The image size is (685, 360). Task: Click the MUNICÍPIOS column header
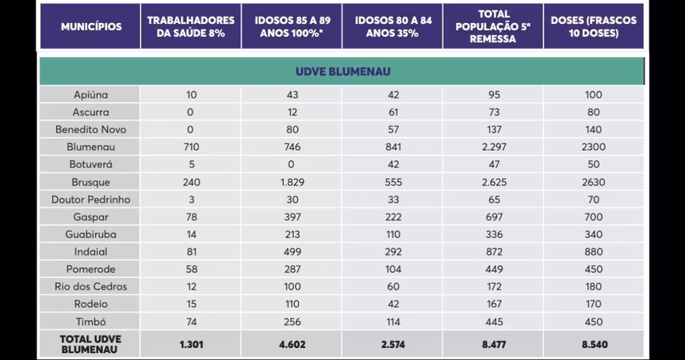(x=91, y=27)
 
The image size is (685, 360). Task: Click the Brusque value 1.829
(x=291, y=182)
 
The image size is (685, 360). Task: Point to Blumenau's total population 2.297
(x=492, y=147)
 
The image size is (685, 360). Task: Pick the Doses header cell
(x=594, y=27)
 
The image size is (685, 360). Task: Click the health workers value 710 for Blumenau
(x=191, y=147)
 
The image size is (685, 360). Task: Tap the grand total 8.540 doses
(x=594, y=343)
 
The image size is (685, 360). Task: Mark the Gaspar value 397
(x=291, y=216)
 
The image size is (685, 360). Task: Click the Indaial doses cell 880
(x=594, y=251)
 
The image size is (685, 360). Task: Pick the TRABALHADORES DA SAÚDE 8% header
(x=191, y=27)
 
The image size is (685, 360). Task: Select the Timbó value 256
(x=291, y=321)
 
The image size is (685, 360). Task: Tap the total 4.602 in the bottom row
(x=291, y=343)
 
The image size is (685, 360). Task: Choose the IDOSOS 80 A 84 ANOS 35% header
(x=392, y=27)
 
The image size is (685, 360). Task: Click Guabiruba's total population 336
(x=492, y=234)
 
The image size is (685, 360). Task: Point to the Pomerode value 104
(x=392, y=269)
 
